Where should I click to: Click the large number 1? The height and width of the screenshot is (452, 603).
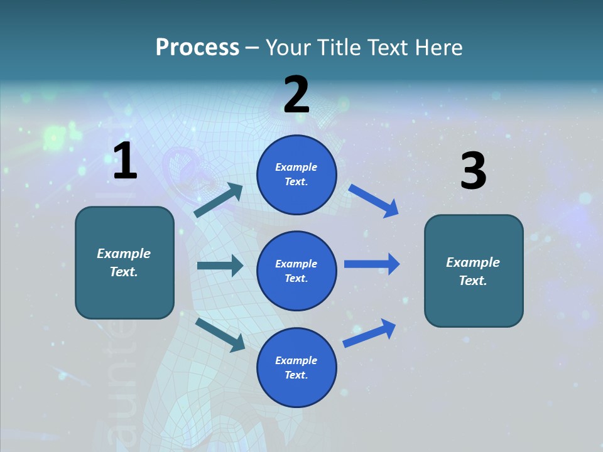click(x=125, y=161)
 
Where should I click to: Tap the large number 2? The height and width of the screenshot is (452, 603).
click(x=296, y=95)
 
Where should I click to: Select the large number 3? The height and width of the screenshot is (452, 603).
click(x=473, y=171)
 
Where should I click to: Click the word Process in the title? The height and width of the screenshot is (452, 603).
click(x=197, y=47)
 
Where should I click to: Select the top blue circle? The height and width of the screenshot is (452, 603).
click(x=296, y=175)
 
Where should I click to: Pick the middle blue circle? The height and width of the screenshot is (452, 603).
click(x=296, y=271)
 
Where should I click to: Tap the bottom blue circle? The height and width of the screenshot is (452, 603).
click(x=296, y=367)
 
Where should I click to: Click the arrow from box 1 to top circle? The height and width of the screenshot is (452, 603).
click(x=218, y=200)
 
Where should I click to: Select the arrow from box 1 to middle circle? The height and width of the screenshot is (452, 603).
click(x=220, y=266)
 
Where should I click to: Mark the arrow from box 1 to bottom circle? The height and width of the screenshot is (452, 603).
click(x=220, y=334)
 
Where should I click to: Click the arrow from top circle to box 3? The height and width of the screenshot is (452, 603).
click(x=374, y=200)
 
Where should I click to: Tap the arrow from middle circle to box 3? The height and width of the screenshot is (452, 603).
click(x=372, y=264)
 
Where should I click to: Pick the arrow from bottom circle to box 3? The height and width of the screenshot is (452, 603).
click(x=369, y=333)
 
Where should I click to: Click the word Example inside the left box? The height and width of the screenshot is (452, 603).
click(x=124, y=254)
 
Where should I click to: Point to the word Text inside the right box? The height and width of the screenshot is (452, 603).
click(x=473, y=281)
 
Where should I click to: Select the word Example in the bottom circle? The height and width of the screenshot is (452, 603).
click(x=296, y=360)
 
